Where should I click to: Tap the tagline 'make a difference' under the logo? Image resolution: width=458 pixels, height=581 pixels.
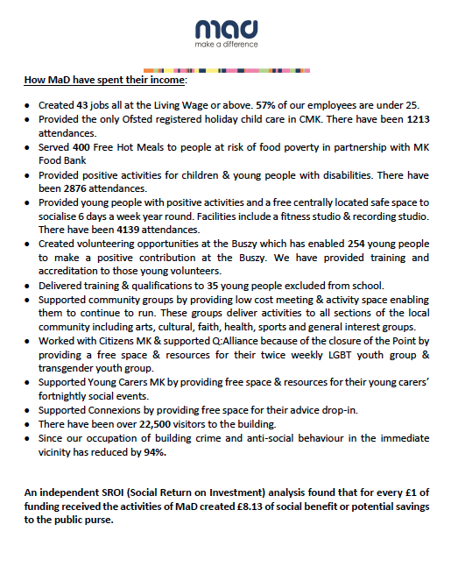(x=228, y=44)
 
